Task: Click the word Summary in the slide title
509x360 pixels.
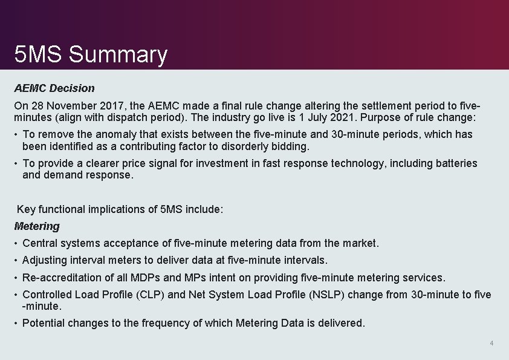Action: click(118, 55)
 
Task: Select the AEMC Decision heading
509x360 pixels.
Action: click(54, 88)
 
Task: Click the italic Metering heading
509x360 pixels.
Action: click(37, 226)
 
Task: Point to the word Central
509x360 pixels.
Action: click(41, 243)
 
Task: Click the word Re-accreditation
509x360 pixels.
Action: click(62, 278)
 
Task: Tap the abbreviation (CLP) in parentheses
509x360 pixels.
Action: click(154, 295)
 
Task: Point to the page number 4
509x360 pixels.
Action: click(491, 344)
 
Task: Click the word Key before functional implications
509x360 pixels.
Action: click(26, 209)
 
